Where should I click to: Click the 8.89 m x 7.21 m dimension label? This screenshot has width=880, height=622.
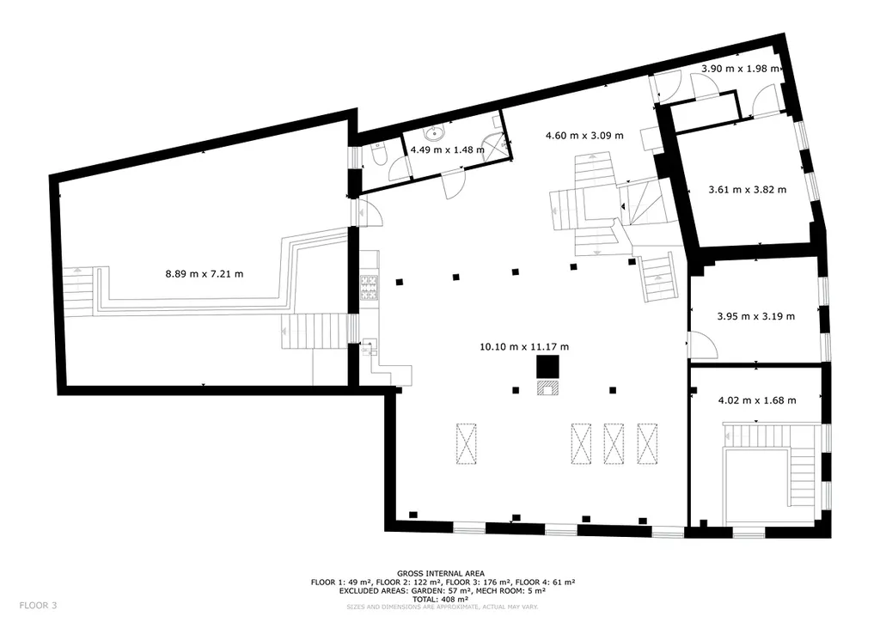point(205,274)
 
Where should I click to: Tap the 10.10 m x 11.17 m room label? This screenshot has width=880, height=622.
point(524,346)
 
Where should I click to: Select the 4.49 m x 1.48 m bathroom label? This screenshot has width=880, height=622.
point(447,149)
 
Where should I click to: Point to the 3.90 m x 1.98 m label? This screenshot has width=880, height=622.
point(740,69)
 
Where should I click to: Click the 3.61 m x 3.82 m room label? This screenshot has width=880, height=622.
point(748,190)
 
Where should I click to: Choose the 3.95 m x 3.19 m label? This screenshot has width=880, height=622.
point(756,316)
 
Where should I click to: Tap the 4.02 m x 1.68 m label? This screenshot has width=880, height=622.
point(757,400)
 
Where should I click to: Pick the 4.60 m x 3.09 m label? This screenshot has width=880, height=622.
point(584,135)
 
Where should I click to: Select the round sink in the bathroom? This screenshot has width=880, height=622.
point(434,134)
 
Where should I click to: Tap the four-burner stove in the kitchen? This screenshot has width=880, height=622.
point(370,287)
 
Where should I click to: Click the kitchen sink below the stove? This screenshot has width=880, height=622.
point(370,347)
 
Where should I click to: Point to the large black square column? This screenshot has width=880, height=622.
point(547,368)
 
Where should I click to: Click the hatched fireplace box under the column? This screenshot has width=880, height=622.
point(547,388)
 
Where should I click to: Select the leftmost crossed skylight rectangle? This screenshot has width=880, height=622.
point(466,443)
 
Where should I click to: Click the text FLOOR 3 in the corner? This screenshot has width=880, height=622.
point(38,605)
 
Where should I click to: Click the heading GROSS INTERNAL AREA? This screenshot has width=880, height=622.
point(441,574)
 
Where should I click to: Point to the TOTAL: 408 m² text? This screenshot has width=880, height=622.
point(441,599)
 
